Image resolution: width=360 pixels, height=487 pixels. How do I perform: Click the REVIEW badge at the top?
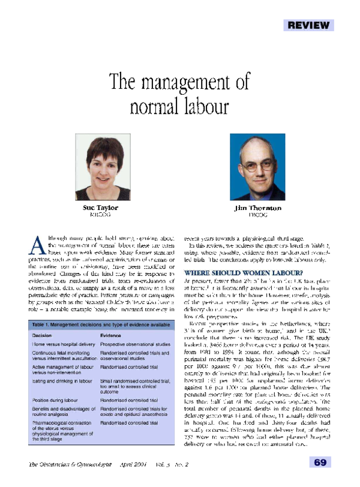point(308,25)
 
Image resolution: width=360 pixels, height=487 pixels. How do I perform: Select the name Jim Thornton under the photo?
point(257,208)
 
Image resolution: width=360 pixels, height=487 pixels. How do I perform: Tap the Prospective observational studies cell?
point(135,345)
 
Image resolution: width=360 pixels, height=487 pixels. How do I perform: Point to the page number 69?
point(319,462)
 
